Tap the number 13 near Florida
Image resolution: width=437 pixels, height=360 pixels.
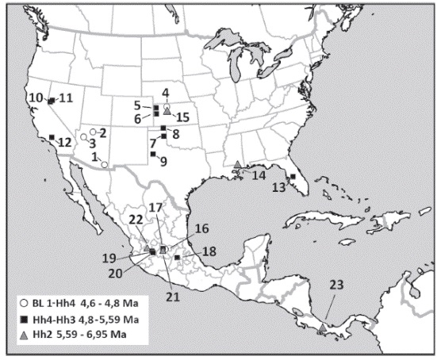(278, 188)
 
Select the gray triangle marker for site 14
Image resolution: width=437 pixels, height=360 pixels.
(238, 164)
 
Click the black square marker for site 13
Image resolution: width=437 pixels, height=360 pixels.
(293, 177)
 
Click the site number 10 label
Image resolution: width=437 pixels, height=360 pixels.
(35, 98)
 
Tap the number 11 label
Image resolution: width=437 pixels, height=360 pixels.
(65, 98)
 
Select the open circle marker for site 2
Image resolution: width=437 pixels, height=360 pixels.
(94, 131)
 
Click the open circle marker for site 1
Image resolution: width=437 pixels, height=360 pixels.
(104, 164)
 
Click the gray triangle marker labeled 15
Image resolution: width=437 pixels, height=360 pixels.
(167, 111)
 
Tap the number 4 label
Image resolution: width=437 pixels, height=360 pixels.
(166, 92)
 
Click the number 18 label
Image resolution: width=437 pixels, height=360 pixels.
(207, 252)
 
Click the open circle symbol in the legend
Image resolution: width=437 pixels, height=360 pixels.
(25, 303)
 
